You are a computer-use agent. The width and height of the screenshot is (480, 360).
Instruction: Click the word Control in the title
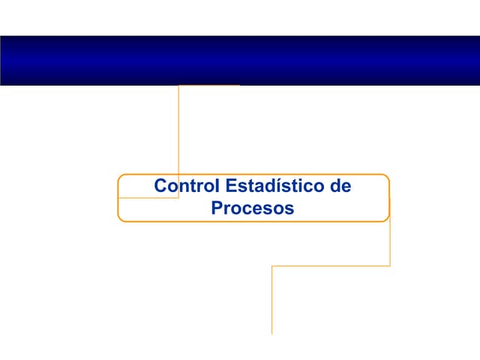187,185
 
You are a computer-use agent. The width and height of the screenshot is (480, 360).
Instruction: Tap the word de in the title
341,185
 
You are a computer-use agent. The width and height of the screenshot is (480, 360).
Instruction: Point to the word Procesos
253,208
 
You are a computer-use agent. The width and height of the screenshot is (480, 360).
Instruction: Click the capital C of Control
160,185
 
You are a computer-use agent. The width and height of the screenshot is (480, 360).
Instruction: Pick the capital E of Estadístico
231,185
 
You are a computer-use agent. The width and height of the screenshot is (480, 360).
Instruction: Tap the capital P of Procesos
217,208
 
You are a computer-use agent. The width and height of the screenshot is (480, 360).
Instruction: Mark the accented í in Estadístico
281,185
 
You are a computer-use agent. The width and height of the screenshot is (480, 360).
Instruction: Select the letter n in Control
184,186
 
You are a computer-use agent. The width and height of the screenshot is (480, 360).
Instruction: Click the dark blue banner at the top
240,60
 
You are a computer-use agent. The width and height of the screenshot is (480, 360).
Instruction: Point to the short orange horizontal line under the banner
209,85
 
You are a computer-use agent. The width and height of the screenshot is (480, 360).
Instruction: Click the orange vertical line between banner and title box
178,131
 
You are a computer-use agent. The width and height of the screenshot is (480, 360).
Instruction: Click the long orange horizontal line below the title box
330,265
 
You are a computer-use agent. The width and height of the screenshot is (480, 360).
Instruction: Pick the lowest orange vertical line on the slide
271,300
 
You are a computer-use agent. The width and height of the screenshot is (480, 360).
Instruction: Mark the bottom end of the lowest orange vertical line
271,332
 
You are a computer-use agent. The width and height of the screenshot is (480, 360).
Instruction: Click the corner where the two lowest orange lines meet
271,265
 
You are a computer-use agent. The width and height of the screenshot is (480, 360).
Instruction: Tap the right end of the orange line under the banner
238,85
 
